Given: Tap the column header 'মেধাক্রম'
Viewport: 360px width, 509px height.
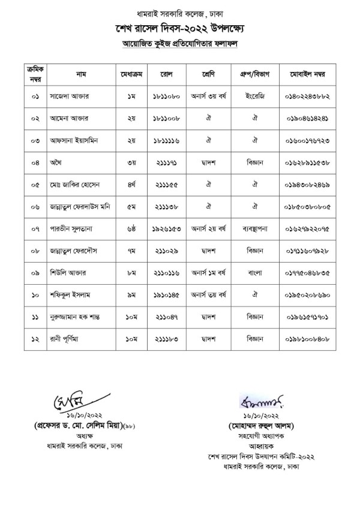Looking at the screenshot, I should click(132, 74).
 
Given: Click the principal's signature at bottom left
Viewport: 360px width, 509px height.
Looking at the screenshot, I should click(71, 400).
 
